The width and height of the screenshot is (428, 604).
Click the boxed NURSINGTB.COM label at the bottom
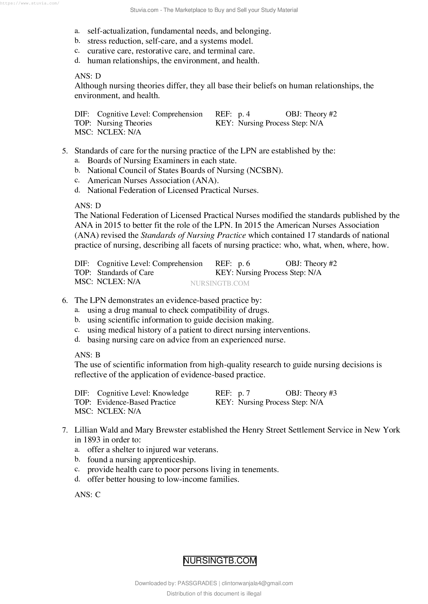pos(219,561)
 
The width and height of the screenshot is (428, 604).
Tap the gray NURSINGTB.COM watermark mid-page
pos(219,283)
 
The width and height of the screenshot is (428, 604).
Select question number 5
pos(65,151)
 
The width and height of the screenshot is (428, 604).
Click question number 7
pos(65,430)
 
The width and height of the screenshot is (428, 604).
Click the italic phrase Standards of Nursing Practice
pos(194,235)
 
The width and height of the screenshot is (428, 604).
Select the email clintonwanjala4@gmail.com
pos(257,583)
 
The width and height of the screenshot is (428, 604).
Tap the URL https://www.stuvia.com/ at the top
pos(29,3)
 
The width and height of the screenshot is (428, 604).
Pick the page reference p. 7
pos(244,393)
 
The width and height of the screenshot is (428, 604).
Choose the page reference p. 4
pos(244,114)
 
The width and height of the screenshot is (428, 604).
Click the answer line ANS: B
pos(87,355)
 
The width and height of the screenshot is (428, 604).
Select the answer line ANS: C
pos(87,495)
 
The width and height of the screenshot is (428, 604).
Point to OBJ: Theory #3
pos(311,393)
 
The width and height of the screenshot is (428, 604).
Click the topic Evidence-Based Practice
pos(136,402)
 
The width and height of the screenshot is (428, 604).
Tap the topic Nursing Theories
pos(124,123)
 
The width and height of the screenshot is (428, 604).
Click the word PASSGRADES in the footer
pos(197,583)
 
